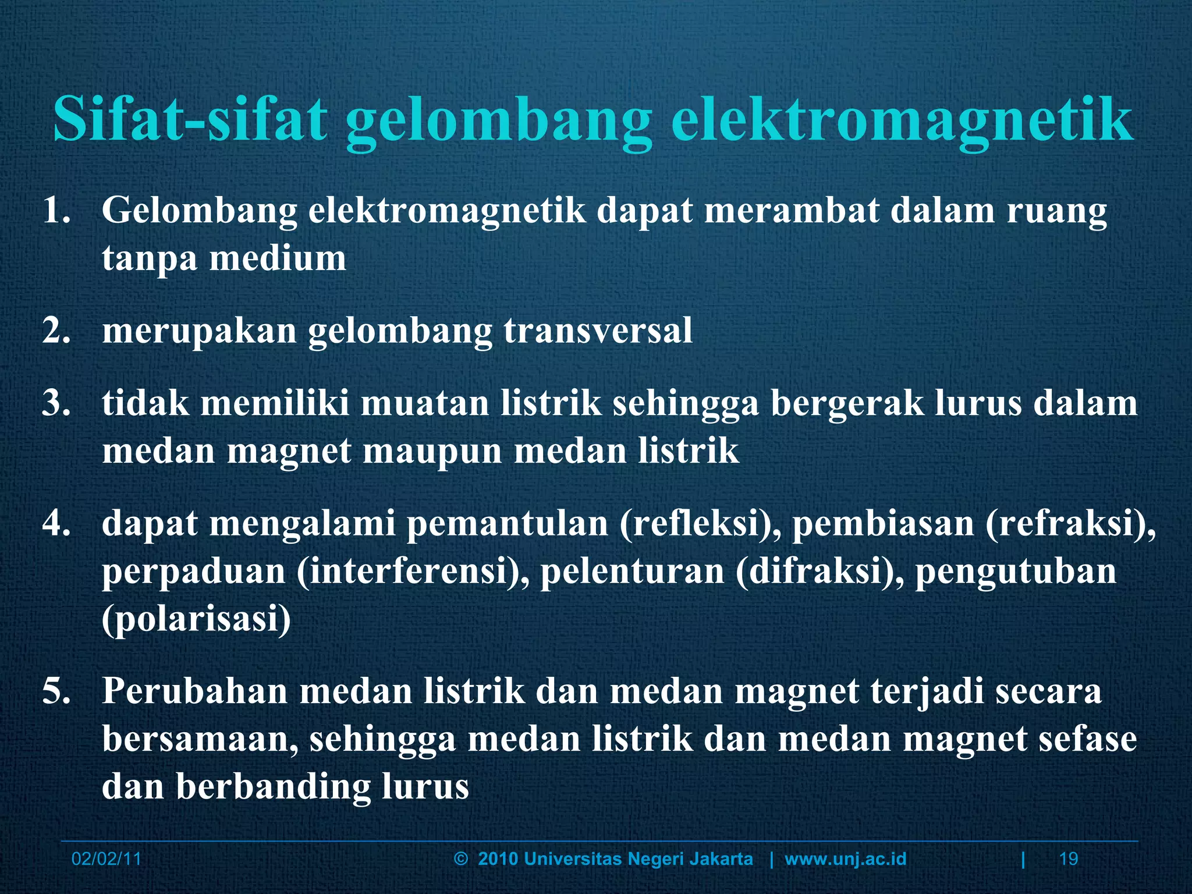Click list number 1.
(x=56, y=211)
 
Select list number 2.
(x=56, y=331)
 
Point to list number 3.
(x=56, y=403)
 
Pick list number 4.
(x=56, y=523)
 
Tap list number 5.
(x=56, y=691)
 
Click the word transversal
(x=598, y=331)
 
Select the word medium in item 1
(x=278, y=258)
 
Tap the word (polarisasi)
(x=196, y=619)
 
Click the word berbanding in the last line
(x=273, y=787)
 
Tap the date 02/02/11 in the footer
(x=106, y=859)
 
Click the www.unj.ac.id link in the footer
(x=845, y=859)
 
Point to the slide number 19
(x=1069, y=859)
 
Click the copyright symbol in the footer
(x=461, y=859)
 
